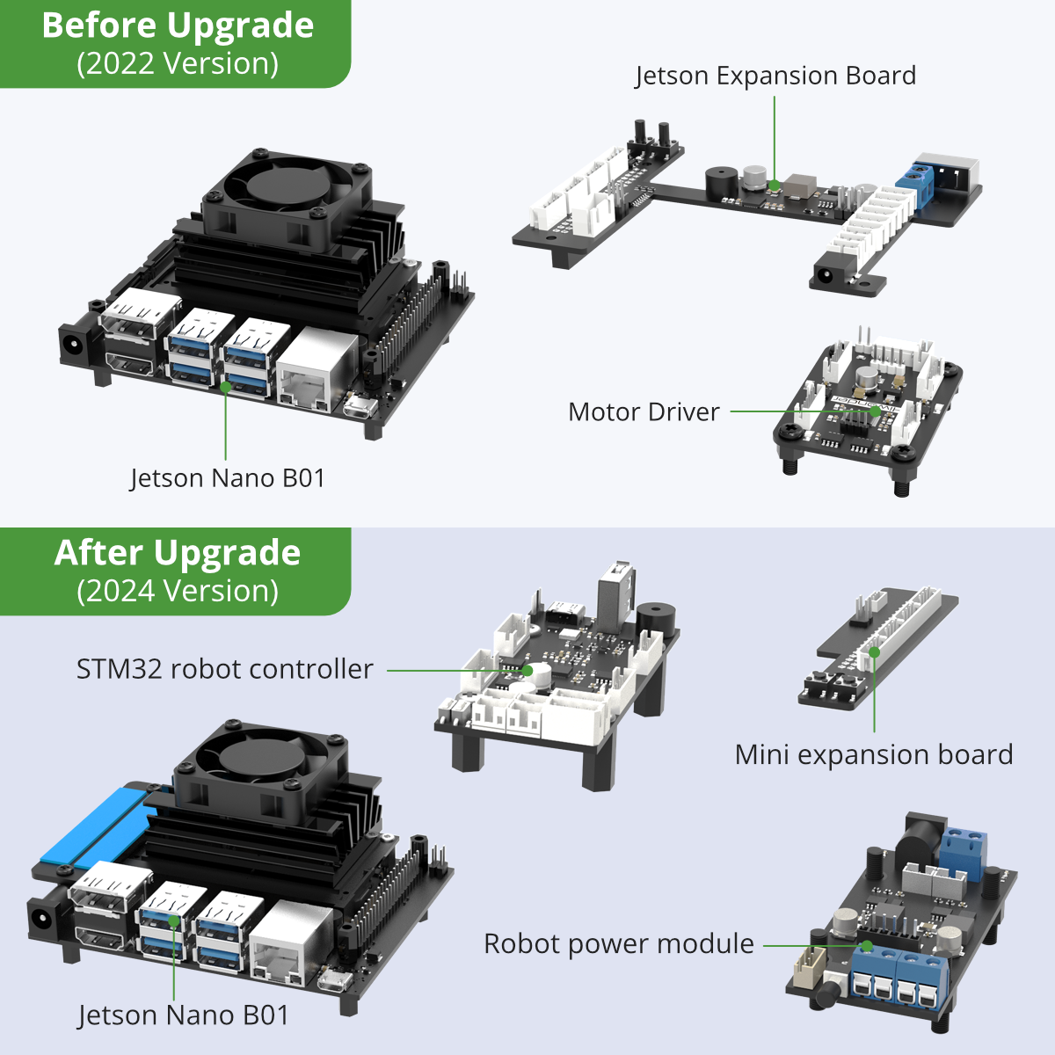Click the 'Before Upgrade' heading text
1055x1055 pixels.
[x=178, y=25]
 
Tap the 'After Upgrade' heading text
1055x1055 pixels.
[x=178, y=553]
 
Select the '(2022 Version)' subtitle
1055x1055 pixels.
[x=178, y=63]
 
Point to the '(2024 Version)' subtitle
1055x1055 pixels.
[x=178, y=591]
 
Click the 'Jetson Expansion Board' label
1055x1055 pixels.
[x=775, y=76]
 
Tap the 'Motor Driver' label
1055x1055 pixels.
[x=644, y=412]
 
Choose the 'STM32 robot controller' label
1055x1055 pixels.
[x=224, y=669]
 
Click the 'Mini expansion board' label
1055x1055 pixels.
[x=874, y=755]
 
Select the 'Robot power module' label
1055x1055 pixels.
[x=619, y=944]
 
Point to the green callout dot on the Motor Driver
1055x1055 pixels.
[x=876, y=411]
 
